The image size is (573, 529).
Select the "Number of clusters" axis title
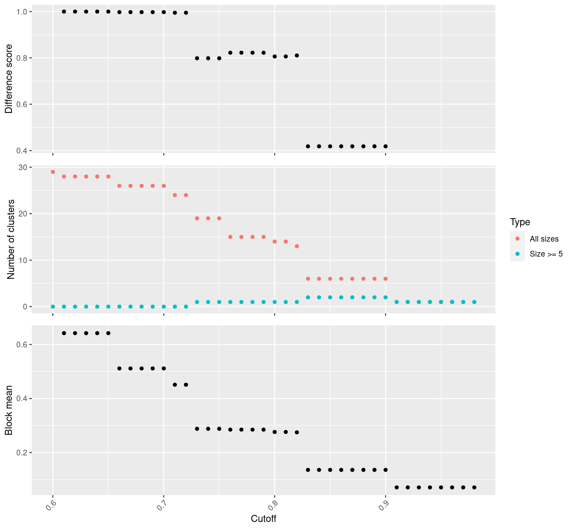11,239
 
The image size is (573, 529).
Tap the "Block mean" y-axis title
9,410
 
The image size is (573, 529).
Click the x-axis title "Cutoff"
263,519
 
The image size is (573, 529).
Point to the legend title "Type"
520,222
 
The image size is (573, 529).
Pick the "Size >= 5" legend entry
546,254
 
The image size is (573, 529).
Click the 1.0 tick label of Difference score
22,11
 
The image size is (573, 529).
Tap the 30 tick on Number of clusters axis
22,168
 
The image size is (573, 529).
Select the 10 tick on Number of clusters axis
22,260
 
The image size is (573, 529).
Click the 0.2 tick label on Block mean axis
22,453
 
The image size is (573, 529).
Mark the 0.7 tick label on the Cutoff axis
161,503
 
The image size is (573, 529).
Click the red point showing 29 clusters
53,172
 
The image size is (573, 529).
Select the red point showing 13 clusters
297,246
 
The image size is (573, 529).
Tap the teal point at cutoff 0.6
53,306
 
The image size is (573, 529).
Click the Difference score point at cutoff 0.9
386,146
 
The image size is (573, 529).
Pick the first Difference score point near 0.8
197,58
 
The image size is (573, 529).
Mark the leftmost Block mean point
64,333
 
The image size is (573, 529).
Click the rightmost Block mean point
474,487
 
